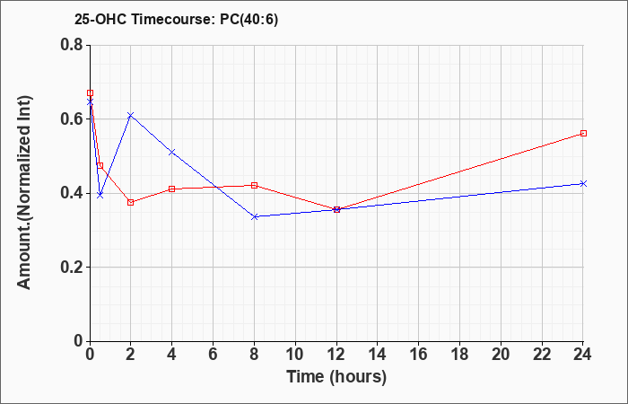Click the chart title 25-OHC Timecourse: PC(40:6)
pos(176,19)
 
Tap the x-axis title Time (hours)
pos(336,377)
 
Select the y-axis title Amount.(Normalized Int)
pos(24,192)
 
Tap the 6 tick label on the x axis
pos(214,355)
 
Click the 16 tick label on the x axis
pos(419,355)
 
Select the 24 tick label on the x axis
pos(583,355)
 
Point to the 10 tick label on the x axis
pos(295,355)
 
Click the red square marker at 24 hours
pos(583,134)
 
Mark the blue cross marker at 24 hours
pos(583,183)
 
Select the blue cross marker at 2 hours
pos(131,116)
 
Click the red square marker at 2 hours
pos(131,202)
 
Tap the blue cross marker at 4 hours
pos(172,153)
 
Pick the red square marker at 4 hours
pos(172,189)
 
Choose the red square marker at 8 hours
pos(254,185)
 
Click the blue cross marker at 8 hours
pos(254,217)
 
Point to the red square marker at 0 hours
pos(90,93)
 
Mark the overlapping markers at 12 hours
pos(336,209)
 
